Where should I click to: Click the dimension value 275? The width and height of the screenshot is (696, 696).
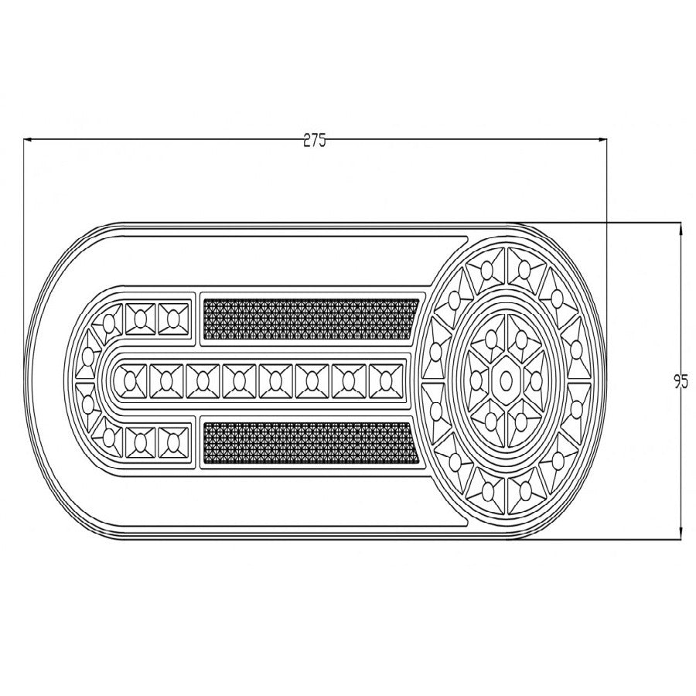[x=315, y=140]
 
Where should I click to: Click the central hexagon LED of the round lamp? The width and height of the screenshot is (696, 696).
[x=505, y=380]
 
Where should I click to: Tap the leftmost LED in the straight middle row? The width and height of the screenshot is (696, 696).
[x=128, y=380]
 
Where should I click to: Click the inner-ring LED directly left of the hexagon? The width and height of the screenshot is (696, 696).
[x=474, y=380]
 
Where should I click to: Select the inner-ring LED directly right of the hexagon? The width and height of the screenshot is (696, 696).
[x=536, y=380]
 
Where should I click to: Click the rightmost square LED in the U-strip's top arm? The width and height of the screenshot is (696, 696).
[x=172, y=318]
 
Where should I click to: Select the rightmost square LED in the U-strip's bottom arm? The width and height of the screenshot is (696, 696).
[x=172, y=442]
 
